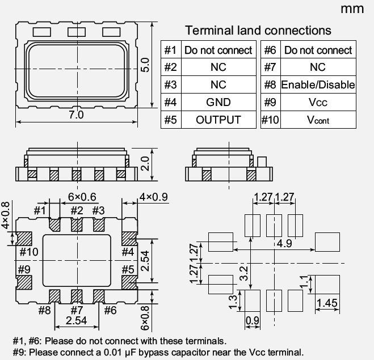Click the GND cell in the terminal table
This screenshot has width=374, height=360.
[x=218, y=102]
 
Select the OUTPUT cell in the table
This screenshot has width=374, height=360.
[x=218, y=120]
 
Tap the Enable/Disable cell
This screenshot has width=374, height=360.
[x=318, y=85]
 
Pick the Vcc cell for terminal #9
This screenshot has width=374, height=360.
[x=318, y=103]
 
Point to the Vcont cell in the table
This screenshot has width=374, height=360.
[x=318, y=120]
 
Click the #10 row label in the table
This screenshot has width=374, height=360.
[x=270, y=120]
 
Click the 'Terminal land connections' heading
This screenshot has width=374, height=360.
[x=258, y=31]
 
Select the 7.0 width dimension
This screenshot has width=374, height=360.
[x=76, y=115]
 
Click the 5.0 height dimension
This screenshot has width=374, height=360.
[x=145, y=64]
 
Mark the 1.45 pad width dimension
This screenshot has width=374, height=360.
[x=327, y=303]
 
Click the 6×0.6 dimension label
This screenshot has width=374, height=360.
[x=82, y=197]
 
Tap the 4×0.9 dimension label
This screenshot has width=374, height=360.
[x=154, y=197]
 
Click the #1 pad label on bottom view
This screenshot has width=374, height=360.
[x=39, y=211]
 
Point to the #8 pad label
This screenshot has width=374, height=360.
[x=44, y=310]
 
